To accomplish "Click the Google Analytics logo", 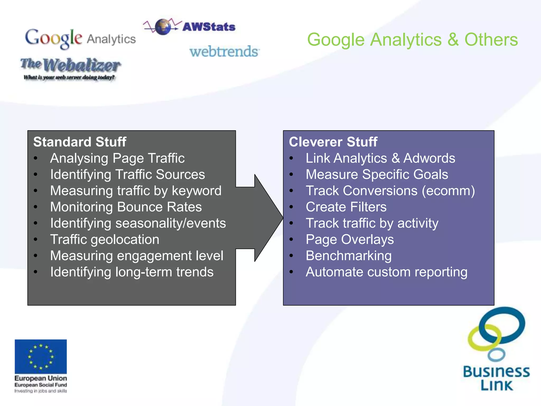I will (80, 39).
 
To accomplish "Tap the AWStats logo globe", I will (163, 27).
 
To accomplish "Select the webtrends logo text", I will (224, 51).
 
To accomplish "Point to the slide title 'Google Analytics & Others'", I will (412, 40).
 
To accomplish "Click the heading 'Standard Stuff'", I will (80, 142).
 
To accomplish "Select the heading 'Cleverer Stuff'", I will (333, 142).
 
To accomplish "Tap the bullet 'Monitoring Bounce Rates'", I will (126, 207).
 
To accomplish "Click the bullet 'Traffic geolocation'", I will (105, 239).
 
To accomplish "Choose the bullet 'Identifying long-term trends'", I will (132, 272).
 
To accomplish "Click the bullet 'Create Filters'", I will (346, 207).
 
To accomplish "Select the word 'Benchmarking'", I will (348, 256).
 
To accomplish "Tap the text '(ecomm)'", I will (448, 191).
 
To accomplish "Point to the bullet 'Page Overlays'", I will (349, 239).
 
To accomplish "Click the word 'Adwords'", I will (429, 158).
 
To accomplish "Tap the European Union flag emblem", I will (41, 356).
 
